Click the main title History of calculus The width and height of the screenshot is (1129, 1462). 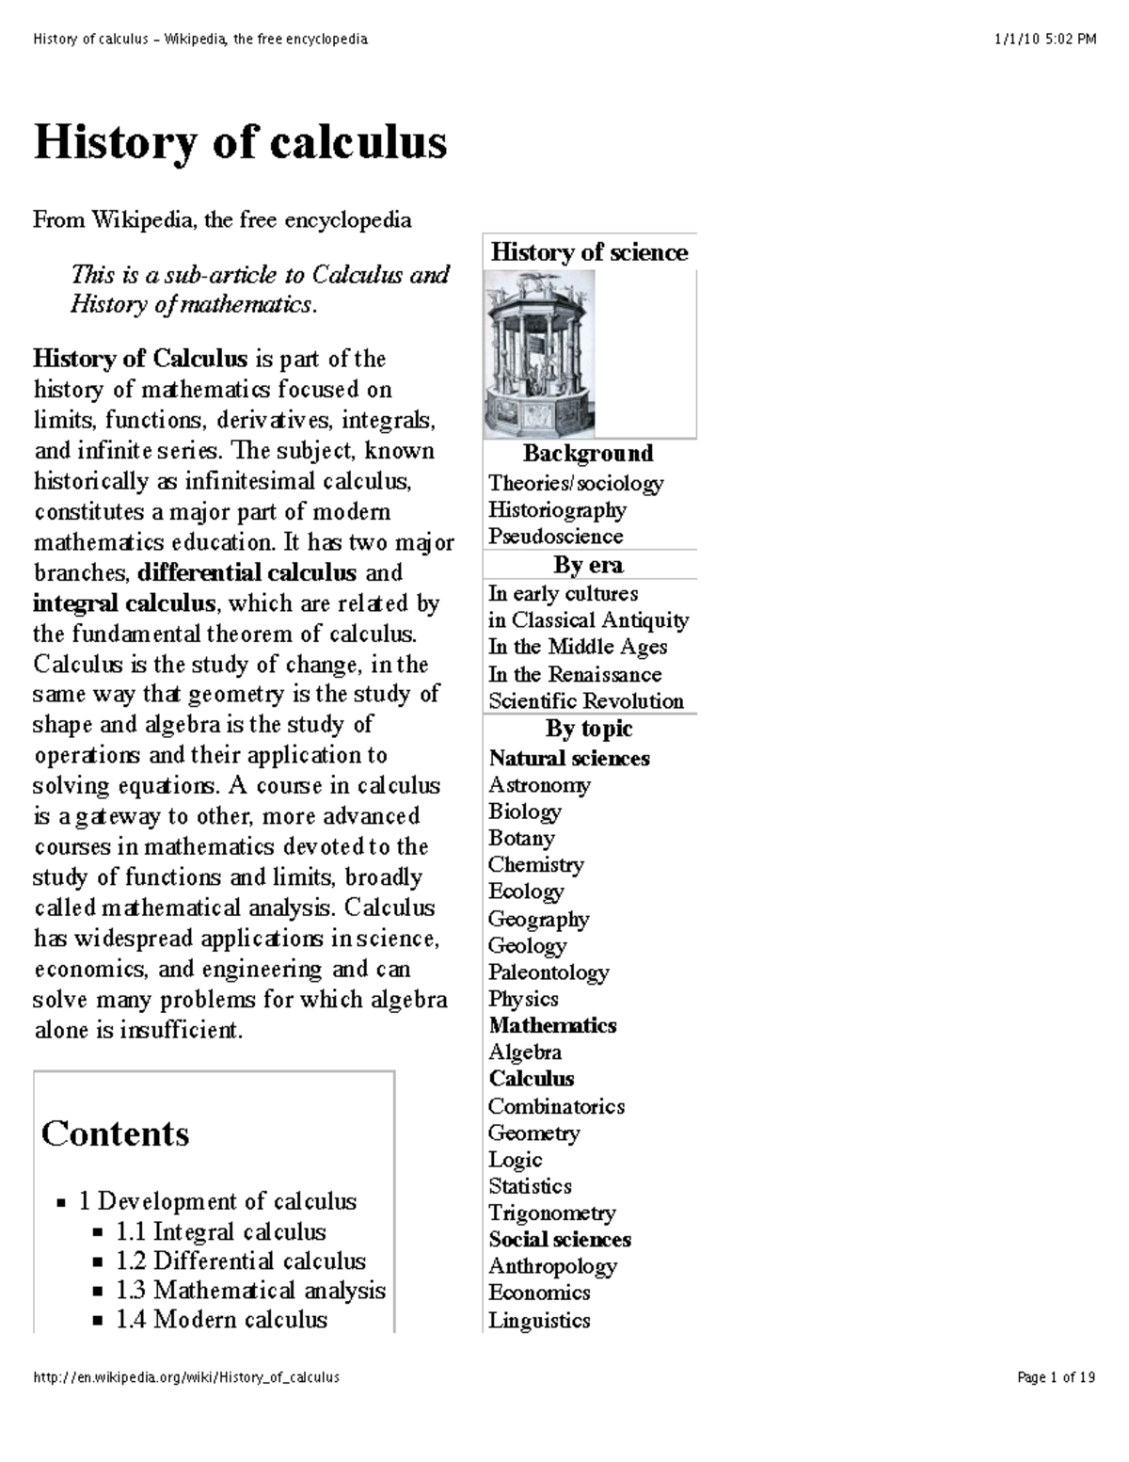tap(240, 143)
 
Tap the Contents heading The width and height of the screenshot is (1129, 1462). tap(115, 1133)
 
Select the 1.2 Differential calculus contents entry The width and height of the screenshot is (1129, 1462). tap(241, 1261)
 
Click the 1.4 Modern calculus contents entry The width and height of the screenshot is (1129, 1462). tap(221, 1320)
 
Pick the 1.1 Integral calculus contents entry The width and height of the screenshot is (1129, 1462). tap(220, 1232)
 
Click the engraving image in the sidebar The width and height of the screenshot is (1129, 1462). tap(539, 354)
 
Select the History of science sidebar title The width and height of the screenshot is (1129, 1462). tap(589, 252)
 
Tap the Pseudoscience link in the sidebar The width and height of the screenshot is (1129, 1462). tap(555, 537)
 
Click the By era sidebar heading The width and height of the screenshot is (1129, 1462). tap(588, 565)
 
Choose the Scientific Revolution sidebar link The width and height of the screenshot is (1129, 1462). tap(585, 701)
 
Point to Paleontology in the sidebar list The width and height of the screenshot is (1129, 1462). tap(548, 972)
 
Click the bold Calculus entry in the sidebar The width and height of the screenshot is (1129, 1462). tap(531, 1079)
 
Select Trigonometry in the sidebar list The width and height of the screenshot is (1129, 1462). tap(551, 1213)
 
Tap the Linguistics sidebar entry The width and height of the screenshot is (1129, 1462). tap(539, 1321)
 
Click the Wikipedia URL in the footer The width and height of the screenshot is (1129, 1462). tap(185, 1377)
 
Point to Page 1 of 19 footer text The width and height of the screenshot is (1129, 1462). tap(1056, 1377)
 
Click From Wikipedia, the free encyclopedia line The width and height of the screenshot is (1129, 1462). tap(222, 220)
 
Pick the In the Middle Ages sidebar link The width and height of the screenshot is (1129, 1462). tap(577, 648)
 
